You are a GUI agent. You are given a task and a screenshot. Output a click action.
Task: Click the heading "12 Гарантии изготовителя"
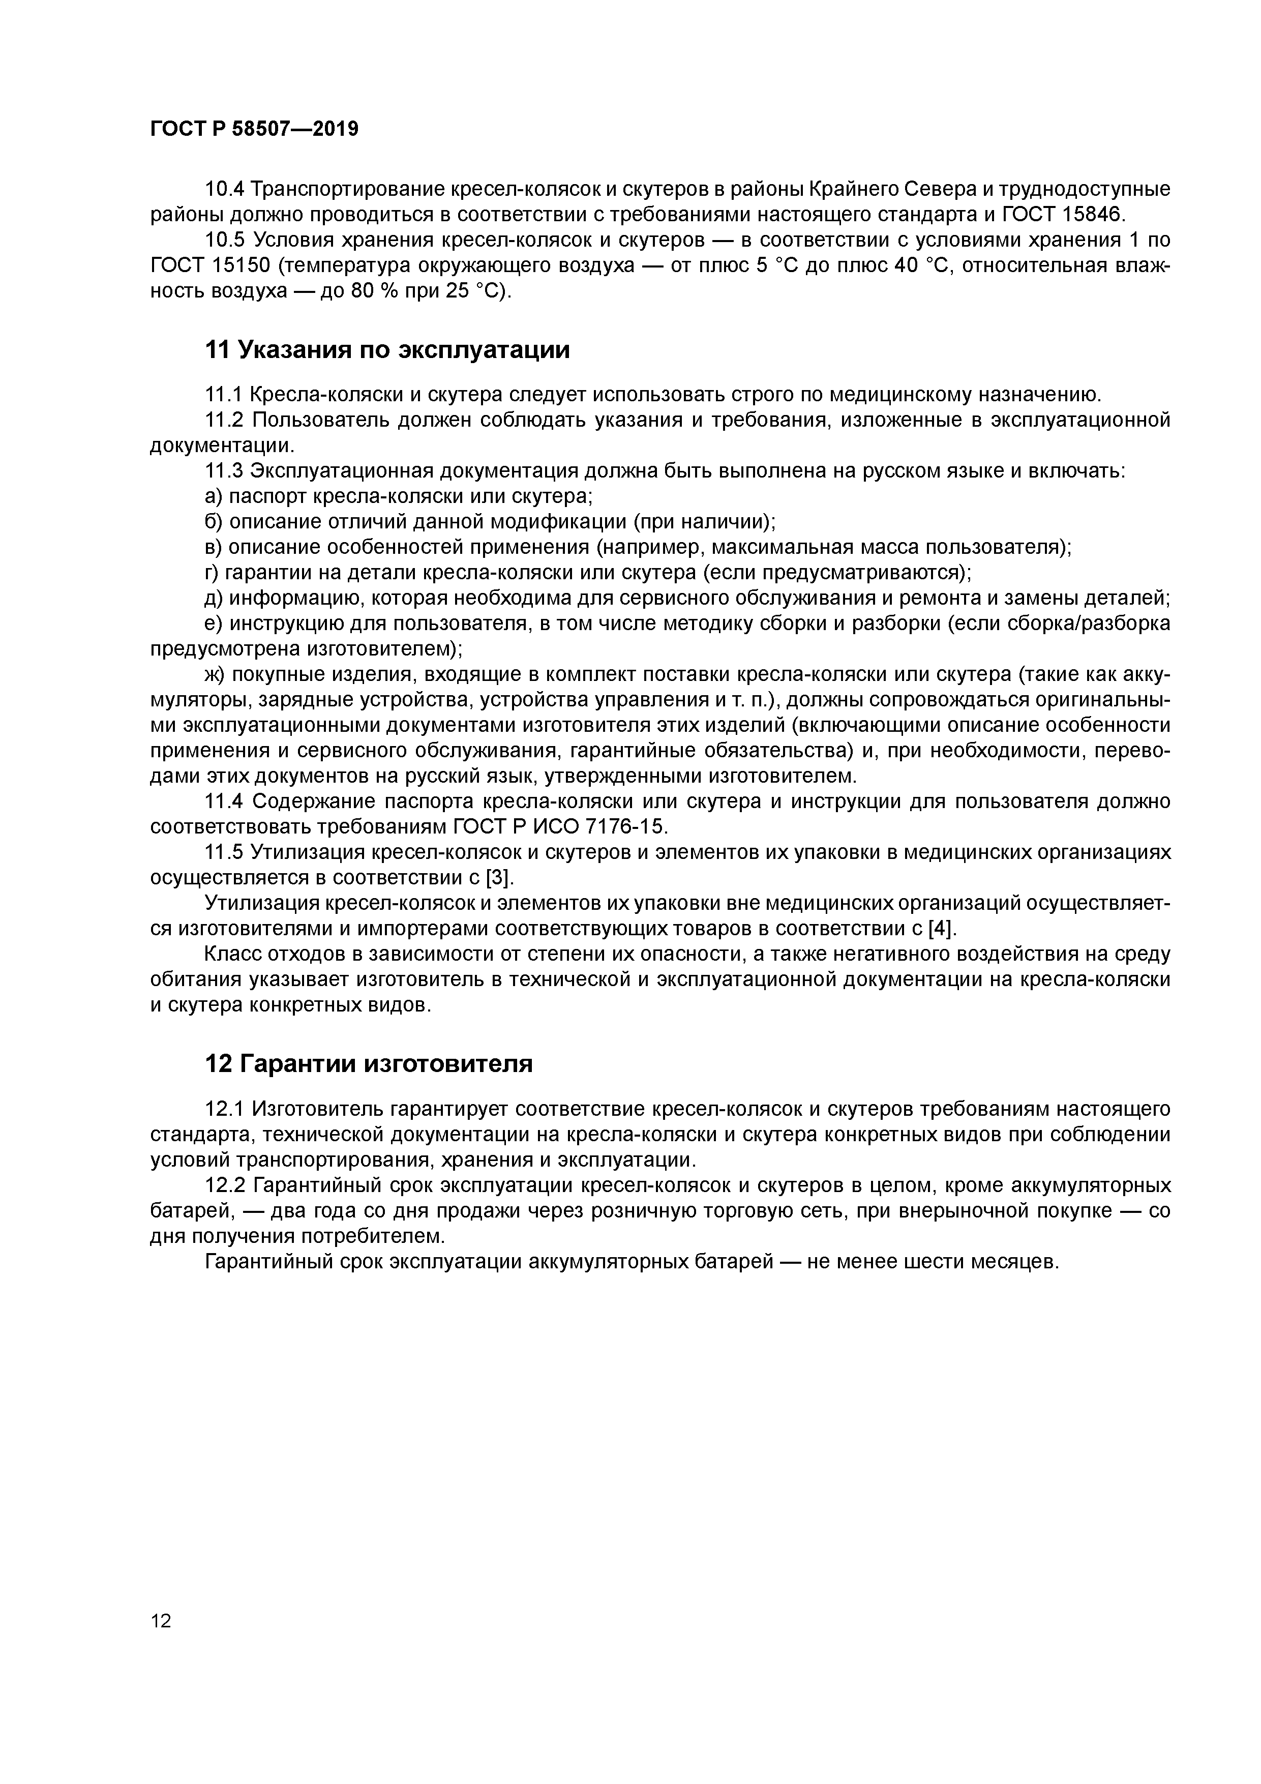pos(368,1064)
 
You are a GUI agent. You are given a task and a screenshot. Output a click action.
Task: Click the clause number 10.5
pos(225,240)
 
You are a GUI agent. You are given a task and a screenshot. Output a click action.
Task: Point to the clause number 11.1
pos(224,395)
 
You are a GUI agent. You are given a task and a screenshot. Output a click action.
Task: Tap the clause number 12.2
pos(225,1186)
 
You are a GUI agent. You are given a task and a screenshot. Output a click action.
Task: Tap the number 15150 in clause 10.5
pos(241,266)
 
